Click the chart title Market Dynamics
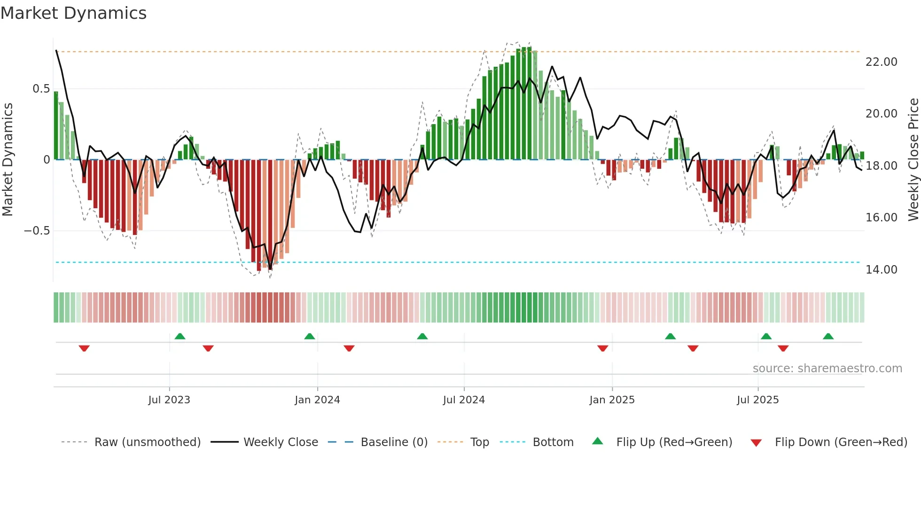74,13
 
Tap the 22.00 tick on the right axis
881,62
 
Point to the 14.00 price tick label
881,270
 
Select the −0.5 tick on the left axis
37,231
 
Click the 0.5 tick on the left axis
41,89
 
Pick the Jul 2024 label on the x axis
463,400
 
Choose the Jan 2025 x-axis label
612,400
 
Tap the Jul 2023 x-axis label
169,400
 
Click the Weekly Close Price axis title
913,160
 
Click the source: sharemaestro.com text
827,369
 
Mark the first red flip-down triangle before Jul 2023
84,348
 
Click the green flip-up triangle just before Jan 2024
309,336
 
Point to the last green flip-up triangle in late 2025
828,336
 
